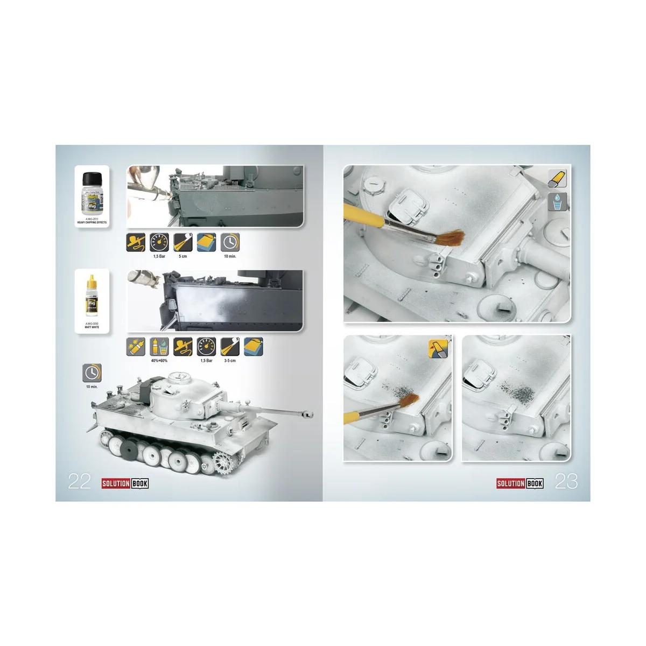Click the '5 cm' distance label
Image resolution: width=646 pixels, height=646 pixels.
(183, 256)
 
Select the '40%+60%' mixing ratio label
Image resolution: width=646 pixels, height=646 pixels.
(159, 361)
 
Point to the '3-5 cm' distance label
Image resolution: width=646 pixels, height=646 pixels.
(230, 361)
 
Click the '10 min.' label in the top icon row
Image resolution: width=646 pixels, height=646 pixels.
(230, 256)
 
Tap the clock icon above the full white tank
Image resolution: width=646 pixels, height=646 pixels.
(92, 373)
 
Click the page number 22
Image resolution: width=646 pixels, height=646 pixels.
(79, 481)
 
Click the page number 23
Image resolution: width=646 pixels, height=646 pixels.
(566, 481)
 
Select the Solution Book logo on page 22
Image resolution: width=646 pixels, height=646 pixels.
(125, 483)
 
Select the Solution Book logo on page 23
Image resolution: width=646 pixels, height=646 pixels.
(519, 483)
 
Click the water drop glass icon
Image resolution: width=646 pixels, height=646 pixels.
(557, 201)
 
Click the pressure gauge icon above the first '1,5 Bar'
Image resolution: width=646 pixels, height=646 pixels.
(159, 242)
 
